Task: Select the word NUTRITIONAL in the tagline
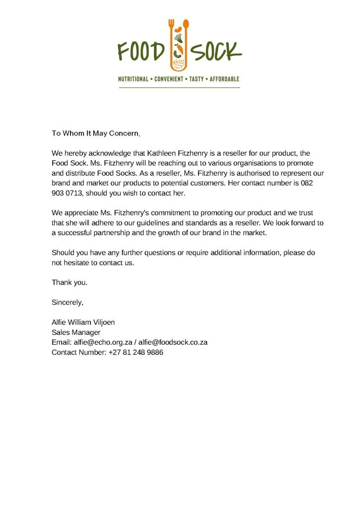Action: (x=133, y=79)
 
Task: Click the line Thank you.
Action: (x=70, y=282)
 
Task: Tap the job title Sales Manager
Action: (x=76, y=332)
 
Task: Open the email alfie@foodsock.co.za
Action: (x=173, y=342)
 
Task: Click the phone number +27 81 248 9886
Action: (x=136, y=352)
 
